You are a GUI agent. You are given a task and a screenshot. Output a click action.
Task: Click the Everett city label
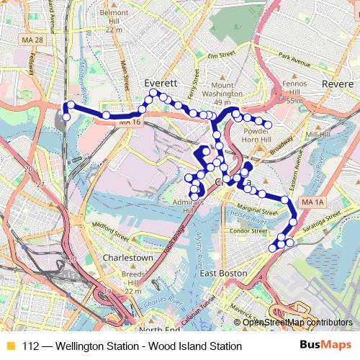click(x=156, y=83)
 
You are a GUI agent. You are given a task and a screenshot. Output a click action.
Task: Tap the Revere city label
click(x=337, y=84)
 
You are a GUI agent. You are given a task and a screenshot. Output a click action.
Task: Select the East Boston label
click(x=223, y=274)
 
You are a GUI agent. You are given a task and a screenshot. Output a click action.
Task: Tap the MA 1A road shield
click(x=311, y=201)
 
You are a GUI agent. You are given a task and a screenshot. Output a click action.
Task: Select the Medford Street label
click(x=109, y=233)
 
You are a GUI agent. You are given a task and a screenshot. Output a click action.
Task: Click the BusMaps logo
click(x=330, y=346)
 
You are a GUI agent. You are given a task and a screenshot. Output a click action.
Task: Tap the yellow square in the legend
click(x=9, y=346)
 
